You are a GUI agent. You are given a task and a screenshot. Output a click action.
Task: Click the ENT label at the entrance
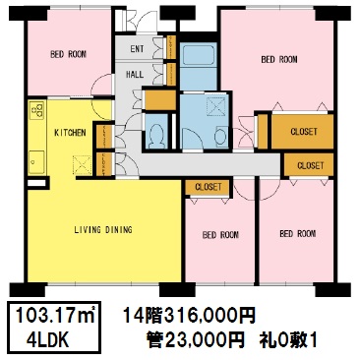tap(137, 49)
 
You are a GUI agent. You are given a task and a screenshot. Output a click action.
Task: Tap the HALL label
tap(135, 75)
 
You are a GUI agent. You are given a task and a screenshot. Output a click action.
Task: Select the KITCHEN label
tap(70, 133)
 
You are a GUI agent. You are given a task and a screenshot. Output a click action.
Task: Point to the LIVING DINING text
tap(103, 229)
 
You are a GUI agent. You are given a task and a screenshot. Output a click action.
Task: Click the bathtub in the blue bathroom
tap(199, 55)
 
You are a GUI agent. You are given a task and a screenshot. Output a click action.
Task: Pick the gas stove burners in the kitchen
tap(36, 110)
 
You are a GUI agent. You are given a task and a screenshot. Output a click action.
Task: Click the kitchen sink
tap(36, 162)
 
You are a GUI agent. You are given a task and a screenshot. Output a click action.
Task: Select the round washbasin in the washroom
tap(220, 136)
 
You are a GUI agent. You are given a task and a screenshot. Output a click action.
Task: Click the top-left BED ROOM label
tap(68, 54)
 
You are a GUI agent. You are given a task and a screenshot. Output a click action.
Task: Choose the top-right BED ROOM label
tap(279, 59)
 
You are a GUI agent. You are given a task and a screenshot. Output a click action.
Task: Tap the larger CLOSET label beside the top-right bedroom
tap(304, 132)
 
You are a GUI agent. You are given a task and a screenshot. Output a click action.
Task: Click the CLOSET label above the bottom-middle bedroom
tap(209, 187)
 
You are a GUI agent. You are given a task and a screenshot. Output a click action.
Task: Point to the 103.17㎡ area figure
tap(55, 316)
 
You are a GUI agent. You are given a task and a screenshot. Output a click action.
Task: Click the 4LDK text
tap(48, 340)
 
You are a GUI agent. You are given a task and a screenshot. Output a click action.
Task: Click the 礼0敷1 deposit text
tap(288, 340)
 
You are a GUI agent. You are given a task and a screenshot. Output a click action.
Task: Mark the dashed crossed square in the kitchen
tap(82, 164)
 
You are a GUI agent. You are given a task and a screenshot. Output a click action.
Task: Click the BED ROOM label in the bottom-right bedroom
tap(298, 234)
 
